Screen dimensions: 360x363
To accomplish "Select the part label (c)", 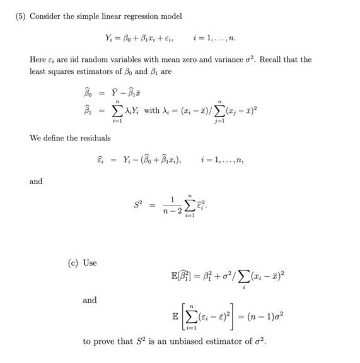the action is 73,262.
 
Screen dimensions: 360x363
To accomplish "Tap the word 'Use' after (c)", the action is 90,262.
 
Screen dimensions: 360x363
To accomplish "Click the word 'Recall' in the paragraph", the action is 258,59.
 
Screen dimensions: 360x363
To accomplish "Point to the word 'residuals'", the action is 93,138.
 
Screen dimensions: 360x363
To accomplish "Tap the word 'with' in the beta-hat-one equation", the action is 152,111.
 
